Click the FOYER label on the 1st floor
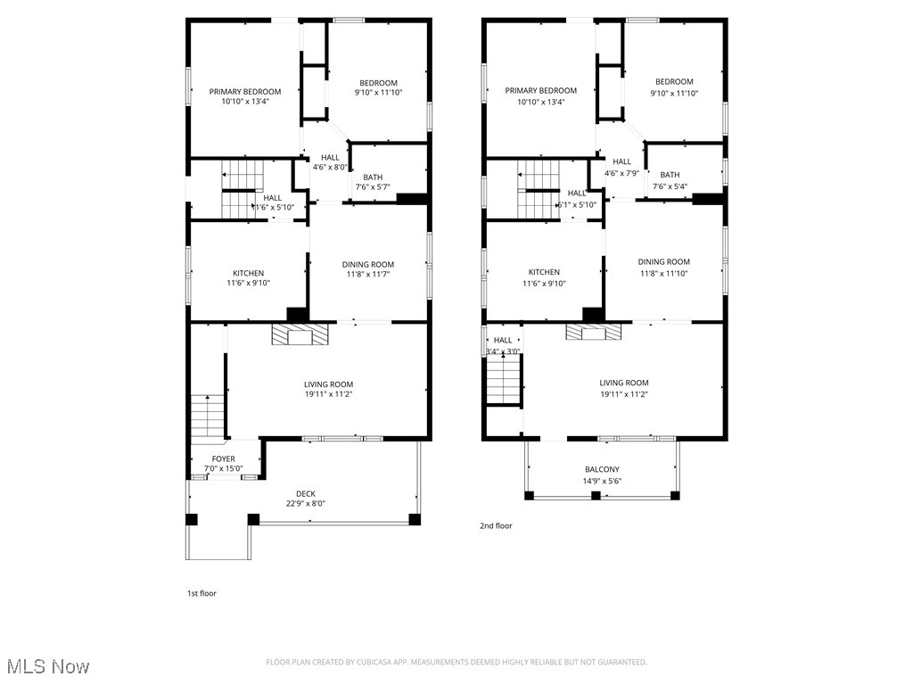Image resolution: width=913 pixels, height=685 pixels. click(224, 458)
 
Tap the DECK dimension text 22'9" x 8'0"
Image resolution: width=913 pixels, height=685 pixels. click(306, 503)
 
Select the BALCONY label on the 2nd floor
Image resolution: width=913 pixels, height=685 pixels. click(602, 469)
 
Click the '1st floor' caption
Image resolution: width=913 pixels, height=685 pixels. click(202, 593)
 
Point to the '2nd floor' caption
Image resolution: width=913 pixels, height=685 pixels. click(497, 526)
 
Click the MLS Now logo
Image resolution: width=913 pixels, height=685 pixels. click(47, 666)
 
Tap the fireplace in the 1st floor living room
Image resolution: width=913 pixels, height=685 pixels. click(300, 334)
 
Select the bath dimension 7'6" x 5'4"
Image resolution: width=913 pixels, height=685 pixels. click(670, 186)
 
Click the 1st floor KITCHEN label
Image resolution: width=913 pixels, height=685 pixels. click(249, 273)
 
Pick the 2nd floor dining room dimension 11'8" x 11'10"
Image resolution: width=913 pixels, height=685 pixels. click(663, 273)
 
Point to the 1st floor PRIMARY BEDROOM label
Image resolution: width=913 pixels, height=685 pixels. click(245, 91)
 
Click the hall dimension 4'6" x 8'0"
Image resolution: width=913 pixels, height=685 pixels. click(330, 167)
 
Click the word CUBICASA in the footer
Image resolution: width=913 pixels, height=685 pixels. click(389, 662)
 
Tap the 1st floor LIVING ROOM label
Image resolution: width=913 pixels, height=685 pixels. click(328, 384)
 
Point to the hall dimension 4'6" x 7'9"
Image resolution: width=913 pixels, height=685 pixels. click(622, 173)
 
